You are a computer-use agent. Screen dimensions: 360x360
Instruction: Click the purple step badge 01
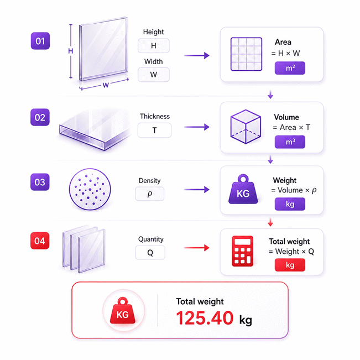click(x=40, y=41)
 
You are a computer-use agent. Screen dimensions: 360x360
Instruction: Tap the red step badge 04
click(x=40, y=241)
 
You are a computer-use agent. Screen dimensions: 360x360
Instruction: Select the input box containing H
click(x=154, y=46)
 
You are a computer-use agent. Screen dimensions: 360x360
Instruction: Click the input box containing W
click(x=154, y=75)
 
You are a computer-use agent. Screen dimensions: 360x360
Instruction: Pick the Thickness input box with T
click(x=154, y=130)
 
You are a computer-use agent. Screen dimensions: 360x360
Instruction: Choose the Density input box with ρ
click(x=150, y=194)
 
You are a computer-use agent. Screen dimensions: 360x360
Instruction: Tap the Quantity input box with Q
click(x=150, y=253)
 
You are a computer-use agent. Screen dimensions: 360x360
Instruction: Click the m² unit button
click(x=290, y=68)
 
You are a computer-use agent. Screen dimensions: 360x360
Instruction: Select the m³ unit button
click(x=290, y=142)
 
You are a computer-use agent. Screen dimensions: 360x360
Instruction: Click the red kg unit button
click(x=290, y=265)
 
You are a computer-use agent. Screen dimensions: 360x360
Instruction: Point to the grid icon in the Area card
click(x=246, y=54)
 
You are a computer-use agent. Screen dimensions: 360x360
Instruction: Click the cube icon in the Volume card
click(x=246, y=127)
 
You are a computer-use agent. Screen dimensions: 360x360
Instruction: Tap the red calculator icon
click(x=242, y=251)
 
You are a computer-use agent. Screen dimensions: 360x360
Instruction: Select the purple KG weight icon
click(x=243, y=190)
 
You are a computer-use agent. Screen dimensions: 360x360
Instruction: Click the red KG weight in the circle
click(x=123, y=311)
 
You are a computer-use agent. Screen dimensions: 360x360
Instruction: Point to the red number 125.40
click(x=205, y=318)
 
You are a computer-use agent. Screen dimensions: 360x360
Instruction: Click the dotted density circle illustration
click(x=90, y=189)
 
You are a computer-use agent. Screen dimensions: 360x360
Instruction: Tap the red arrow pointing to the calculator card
click(x=197, y=248)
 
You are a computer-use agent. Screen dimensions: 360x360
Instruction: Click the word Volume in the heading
click(x=286, y=117)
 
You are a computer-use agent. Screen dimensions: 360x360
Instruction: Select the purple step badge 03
click(x=40, y=182)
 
